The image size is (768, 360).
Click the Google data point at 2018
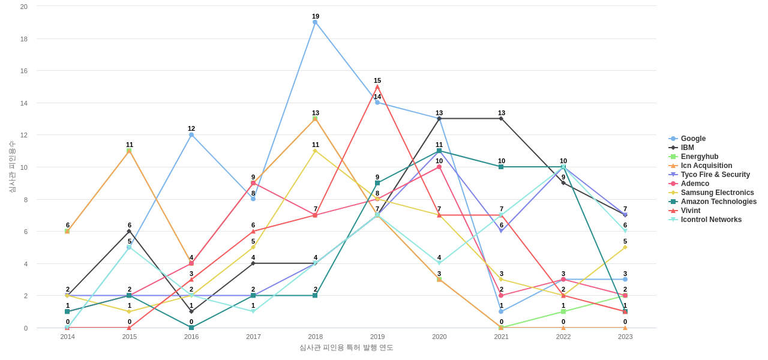[315, 22]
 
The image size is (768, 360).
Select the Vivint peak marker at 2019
[377, 86]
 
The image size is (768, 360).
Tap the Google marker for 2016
[191, 135]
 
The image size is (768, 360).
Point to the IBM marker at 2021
[501, 119]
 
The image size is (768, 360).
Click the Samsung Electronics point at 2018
[315, 151]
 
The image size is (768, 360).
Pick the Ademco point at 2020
[439, 167]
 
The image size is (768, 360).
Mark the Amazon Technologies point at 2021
[501, 167]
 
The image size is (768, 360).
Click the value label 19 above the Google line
[316, 16]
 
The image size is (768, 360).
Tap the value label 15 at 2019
[377, 80]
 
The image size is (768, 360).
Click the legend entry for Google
[693, 139]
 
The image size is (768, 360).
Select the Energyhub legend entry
[699, 157]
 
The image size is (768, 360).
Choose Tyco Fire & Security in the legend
[715, 175]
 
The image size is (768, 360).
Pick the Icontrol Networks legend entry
[711, 220]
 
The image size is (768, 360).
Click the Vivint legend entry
[691, 211]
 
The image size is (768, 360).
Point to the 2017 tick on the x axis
[253, 337]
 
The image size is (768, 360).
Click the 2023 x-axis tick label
[625, 337]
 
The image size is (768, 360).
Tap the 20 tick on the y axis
[24, 7]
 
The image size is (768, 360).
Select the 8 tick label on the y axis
[26, 200]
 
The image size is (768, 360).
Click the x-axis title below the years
[346, 347]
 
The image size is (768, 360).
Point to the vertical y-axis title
[12, 167]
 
